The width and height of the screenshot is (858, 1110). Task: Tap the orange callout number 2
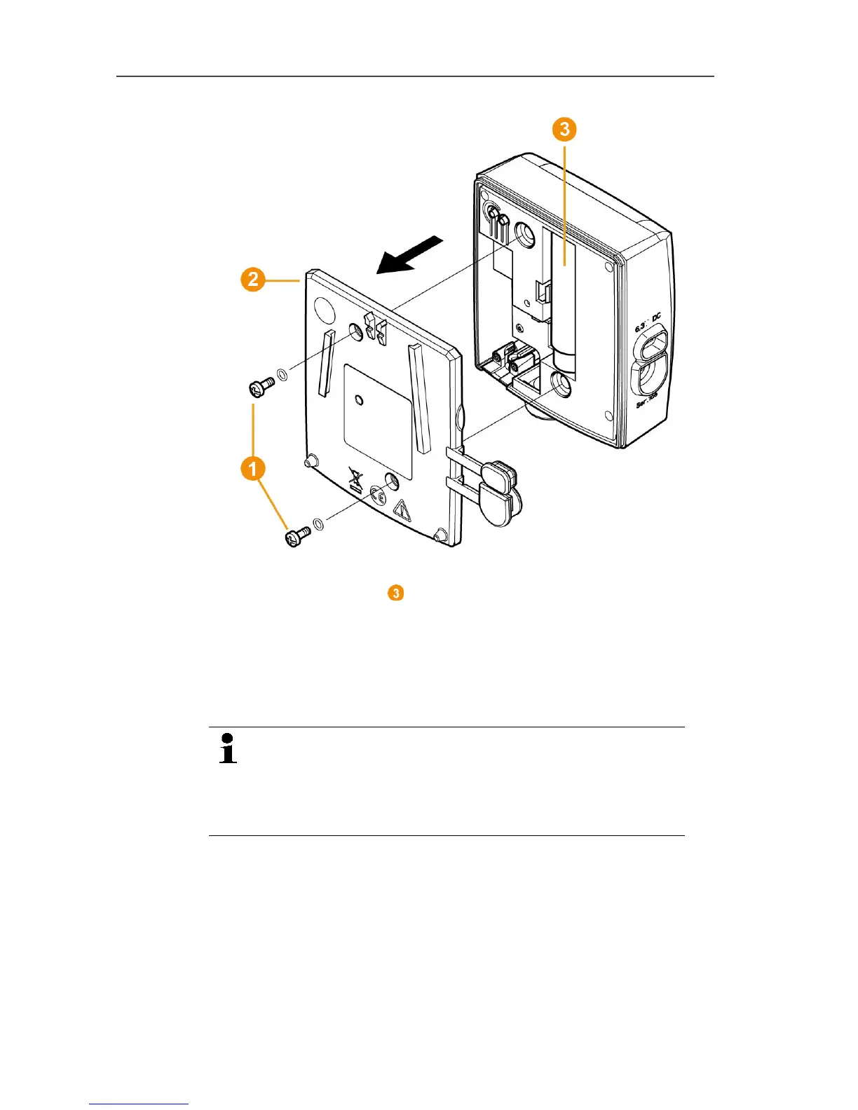[253, 280]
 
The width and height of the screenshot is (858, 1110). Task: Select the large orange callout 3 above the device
[564, 130]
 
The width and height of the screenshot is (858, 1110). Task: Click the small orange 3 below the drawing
[396, 593]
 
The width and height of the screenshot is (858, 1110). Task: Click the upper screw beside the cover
[261, 385]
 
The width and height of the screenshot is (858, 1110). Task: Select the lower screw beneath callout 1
[297, 537]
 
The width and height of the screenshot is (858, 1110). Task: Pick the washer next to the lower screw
[318, 524]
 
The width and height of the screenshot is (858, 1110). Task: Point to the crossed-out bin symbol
[357, 483]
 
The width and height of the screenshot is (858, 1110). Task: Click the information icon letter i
[228, 748]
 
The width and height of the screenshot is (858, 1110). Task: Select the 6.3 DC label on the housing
[648, 323]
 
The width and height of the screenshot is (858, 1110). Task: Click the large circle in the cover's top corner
[325, 308]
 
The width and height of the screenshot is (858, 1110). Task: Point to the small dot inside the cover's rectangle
[360, 400]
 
